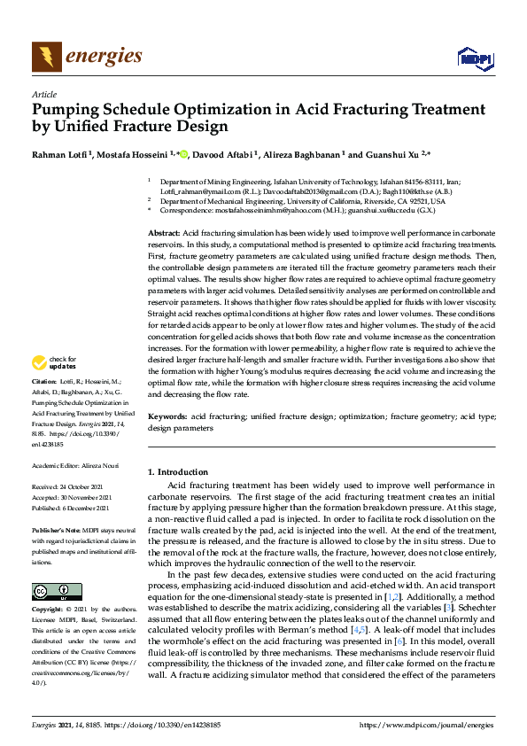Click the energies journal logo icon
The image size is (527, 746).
point(47,58)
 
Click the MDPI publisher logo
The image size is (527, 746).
point(474,58)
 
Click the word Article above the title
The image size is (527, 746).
point(43,95)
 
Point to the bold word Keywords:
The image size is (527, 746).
point(167,416)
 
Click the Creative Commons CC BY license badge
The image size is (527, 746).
point(57,592)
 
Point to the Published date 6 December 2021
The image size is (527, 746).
point(85,509)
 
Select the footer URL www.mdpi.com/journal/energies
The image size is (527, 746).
point(429,724)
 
